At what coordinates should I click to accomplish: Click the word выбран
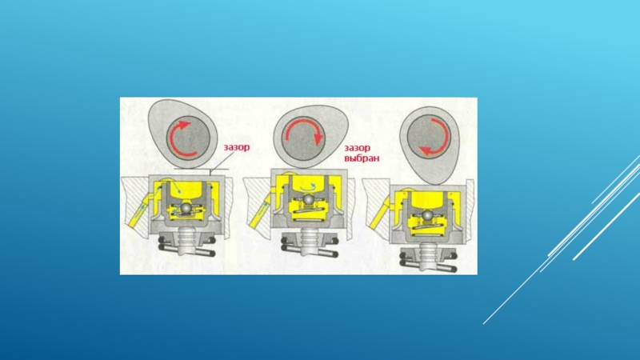pyautogui.click(x=362, y=158)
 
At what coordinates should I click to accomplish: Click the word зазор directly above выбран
pyautogui.click(x=357, y=148)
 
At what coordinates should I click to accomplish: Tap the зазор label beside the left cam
pyautogui.click(x=236, y=147)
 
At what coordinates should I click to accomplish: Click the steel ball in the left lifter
pyautogui.click(x=187, y=208)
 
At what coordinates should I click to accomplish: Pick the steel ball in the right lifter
pyautogui.click(x=427, y=214)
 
